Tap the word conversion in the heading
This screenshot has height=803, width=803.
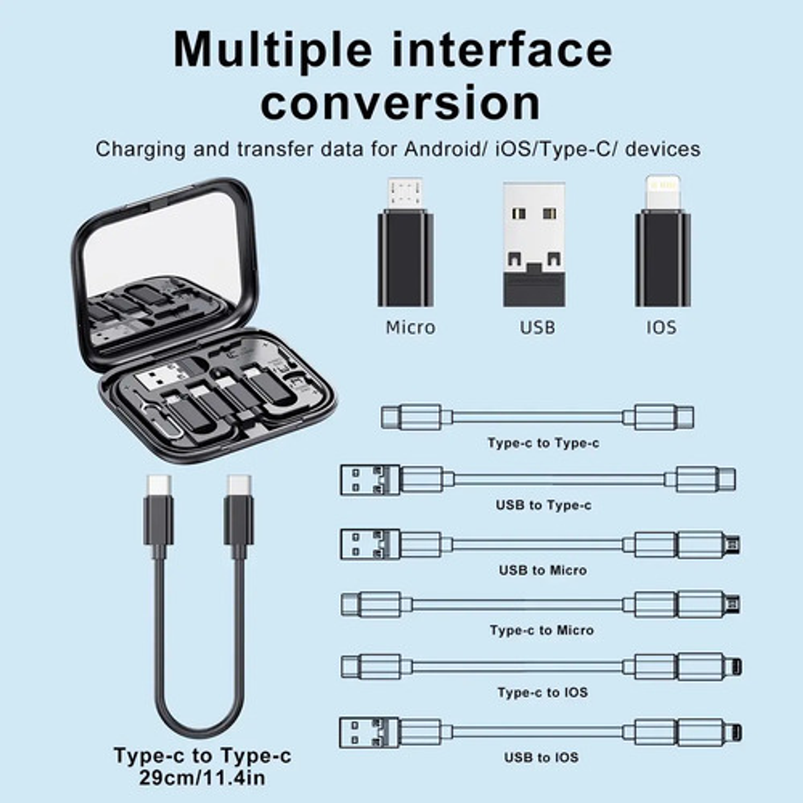click(x=400, y=103)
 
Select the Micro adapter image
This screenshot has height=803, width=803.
click(x=405, y=245)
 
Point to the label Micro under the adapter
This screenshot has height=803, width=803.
click(x=410, y=327)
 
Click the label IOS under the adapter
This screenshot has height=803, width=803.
click(x=661, y=327)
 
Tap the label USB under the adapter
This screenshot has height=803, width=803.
click(x=537, y=327)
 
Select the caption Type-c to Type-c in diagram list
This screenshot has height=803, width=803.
click(x=543, y=443)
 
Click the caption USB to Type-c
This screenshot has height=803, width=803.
click(x=543, y=505)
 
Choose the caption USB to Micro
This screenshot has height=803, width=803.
click(x=543, y=570)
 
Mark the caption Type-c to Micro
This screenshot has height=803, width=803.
click(x=541, y=630)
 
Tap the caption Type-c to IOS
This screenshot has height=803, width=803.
click(x=543, y=693)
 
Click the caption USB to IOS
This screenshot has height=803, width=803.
click(x=541, y=757)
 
